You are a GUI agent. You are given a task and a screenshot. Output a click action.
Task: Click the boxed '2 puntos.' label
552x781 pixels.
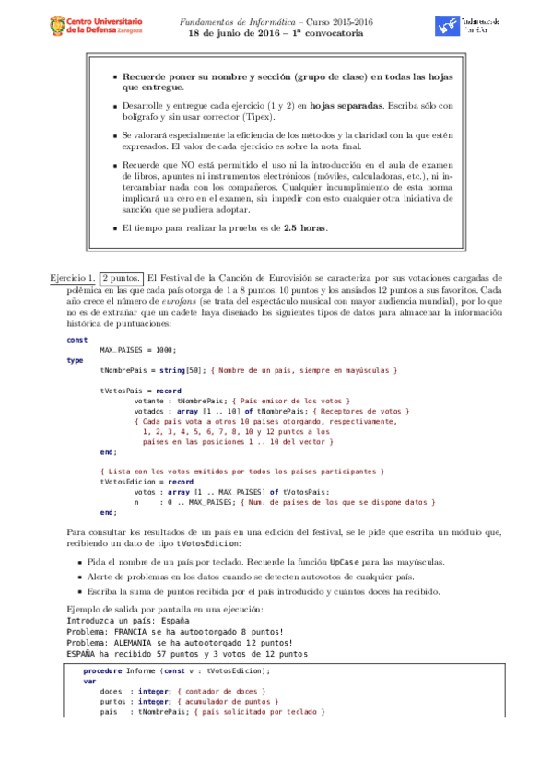[x=122, y=278]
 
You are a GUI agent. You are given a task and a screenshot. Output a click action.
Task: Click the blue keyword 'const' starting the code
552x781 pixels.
[x=77, y=339]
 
